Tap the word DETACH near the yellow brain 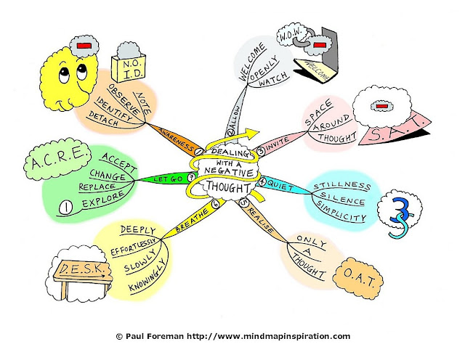tap(103, 116)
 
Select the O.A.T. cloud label tap(358, 279)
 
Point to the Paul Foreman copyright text tap(232, 336)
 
